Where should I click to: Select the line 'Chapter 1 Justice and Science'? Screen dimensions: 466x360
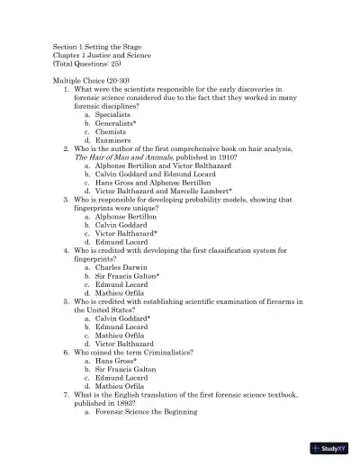100,56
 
